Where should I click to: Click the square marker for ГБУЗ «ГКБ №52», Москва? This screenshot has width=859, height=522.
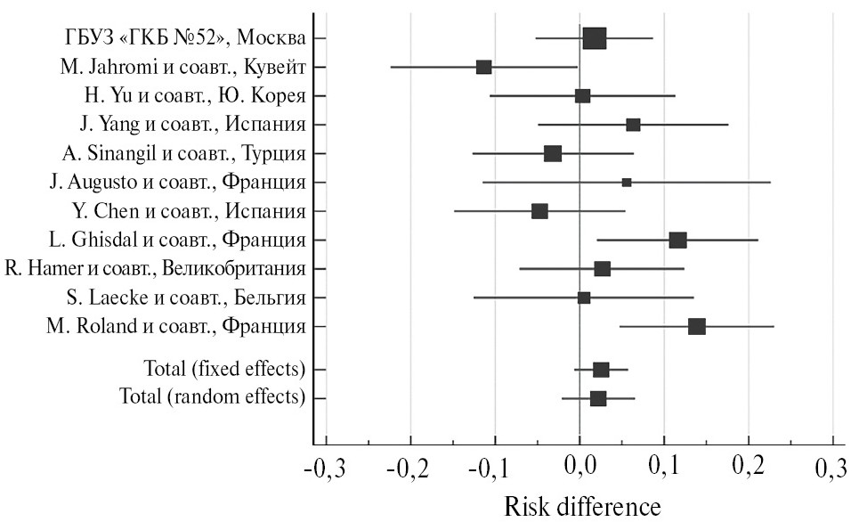[595, 38]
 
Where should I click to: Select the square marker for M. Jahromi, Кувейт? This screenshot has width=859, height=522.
[483, 67]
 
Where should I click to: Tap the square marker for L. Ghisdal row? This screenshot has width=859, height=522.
[677, 240]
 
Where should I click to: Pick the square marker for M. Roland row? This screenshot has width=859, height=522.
[696, 326]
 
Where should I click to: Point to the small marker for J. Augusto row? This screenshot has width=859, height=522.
[627, 182]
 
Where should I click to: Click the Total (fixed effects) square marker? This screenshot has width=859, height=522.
[601, 369]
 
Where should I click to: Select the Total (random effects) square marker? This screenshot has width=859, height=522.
[598, 397]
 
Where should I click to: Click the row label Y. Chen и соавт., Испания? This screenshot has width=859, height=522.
[189, 211]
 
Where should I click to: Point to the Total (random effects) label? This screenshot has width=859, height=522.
[213, 396]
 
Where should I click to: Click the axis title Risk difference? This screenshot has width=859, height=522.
[583, 505]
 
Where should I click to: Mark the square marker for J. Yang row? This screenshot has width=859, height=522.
[633, 125]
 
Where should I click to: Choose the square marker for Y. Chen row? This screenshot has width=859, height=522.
[539, 211]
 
